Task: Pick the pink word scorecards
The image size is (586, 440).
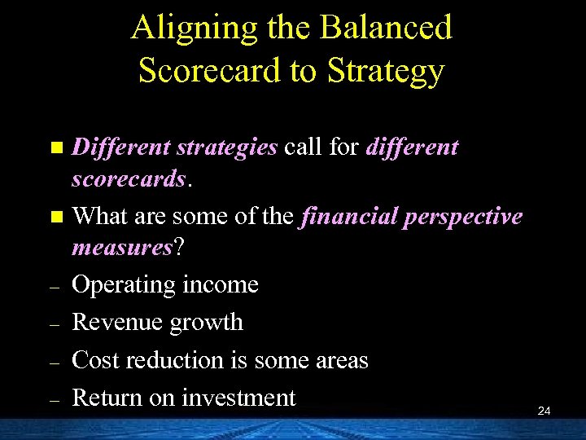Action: point(129,178)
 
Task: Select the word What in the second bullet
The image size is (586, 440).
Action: point(97,217)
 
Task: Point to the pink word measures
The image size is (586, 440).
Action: point(123,247)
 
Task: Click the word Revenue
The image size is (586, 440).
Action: point(116,323)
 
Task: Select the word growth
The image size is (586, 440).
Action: point(205,323)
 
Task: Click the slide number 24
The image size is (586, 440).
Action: point(544,411)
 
